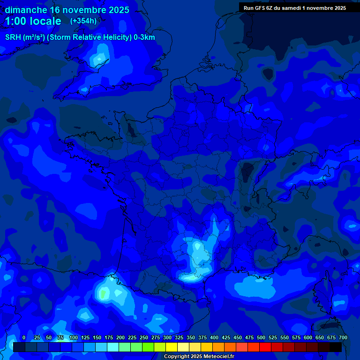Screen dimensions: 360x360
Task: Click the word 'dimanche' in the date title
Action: click(26, 10)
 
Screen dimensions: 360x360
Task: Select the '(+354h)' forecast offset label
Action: click(83, 21)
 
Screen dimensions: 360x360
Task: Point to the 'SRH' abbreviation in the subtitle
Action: click(13, 37)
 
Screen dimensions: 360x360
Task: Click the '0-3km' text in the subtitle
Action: click(144, 37)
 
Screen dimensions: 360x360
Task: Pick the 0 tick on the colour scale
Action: click(24, 338)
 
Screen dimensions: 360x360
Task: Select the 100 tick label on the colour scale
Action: click(73, 338)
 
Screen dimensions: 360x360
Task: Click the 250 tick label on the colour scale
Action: click(143, 338)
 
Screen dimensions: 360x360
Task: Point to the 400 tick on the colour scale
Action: click(214, 338)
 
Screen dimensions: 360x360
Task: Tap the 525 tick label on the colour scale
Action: click(273, 338)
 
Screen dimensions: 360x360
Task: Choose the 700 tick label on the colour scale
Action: click(343, 338)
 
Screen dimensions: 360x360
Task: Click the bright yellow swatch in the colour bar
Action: click(172, 347)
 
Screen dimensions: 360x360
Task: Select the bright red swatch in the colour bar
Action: click(265, 347)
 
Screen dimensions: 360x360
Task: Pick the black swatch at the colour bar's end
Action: click(336, 347)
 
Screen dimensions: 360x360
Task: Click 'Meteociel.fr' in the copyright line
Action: click(219, 357)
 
